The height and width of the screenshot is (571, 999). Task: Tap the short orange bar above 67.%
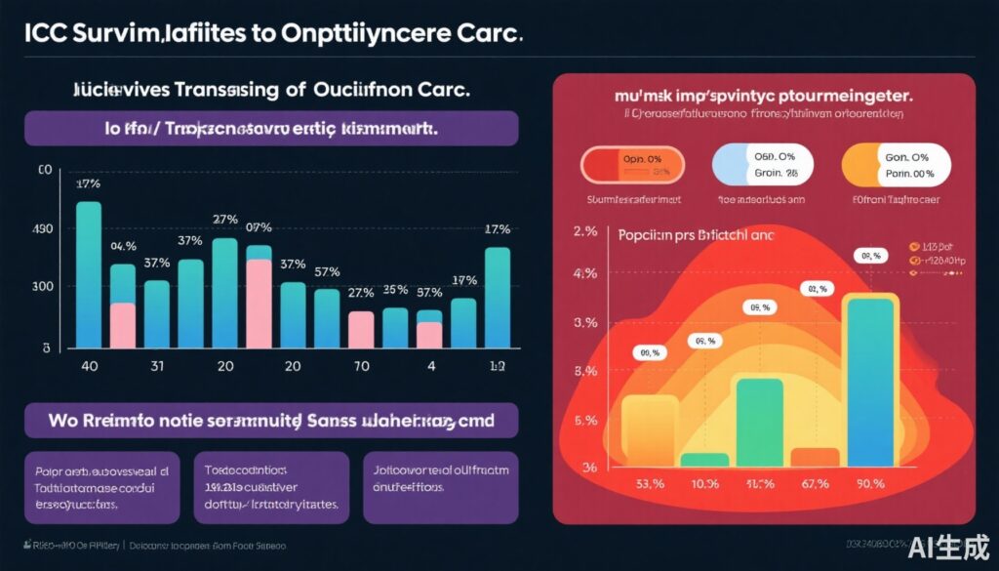(x=815, y=458)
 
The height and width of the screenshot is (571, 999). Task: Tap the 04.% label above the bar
(x=123, y=246)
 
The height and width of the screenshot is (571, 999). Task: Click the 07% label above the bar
(x=259, y=227)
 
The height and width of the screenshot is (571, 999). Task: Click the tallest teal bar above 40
(x=88, y=274)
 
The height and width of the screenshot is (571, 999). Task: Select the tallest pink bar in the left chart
(x=259, y=304)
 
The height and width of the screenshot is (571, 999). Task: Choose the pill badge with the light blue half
(x=760, y=164)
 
